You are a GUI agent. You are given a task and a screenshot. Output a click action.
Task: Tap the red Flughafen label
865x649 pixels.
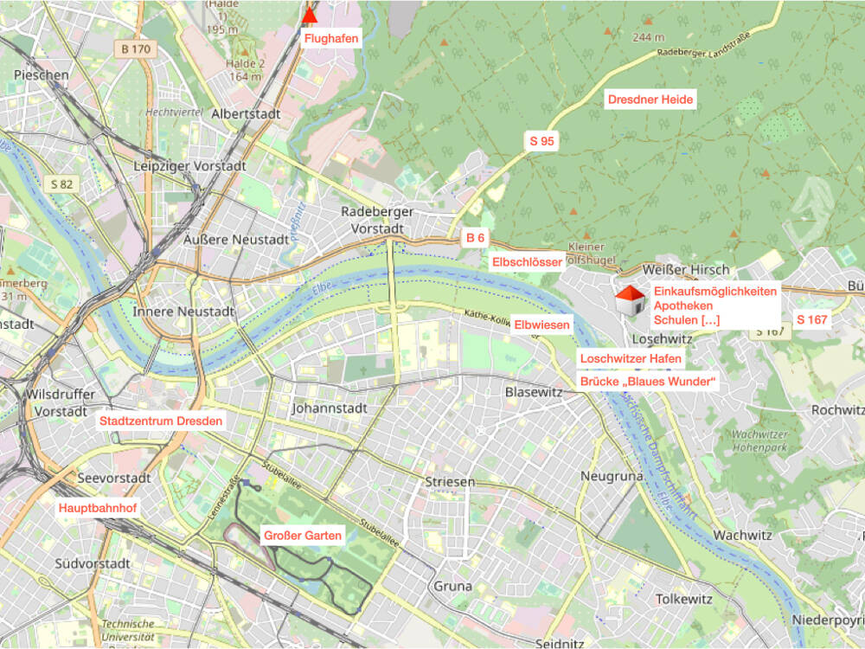(x=330, y=37)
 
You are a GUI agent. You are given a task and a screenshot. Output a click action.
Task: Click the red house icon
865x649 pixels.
(x=630, y=300)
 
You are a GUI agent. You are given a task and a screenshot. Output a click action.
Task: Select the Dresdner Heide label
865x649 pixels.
(x=650, y=100)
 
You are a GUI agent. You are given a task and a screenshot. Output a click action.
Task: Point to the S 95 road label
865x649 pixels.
(x=541, y=140)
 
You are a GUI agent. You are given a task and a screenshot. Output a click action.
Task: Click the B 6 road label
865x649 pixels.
(x=475, y=238)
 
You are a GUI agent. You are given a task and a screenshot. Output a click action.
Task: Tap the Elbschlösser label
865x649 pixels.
(x=527, y=262)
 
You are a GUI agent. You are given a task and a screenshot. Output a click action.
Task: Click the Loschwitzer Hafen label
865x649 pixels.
(x=631, y=358)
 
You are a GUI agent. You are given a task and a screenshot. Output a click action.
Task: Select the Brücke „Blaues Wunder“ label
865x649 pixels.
(x=649, y=382)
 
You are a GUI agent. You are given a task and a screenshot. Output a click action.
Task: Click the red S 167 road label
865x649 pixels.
(x=811, y=320)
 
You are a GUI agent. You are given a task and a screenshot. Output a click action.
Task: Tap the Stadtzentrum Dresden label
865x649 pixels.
(x=161, y=421)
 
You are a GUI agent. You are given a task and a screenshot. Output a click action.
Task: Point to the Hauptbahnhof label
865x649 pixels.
(x=98, y=508)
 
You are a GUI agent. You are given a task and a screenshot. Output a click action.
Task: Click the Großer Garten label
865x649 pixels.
(x=302, y=536)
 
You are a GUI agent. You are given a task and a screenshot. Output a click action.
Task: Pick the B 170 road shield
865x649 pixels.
(x=136, y=49)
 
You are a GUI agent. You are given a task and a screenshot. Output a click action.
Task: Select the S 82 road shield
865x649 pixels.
(x=62, y=183)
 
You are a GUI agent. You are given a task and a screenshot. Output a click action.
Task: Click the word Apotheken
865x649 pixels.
(x=683, y=306)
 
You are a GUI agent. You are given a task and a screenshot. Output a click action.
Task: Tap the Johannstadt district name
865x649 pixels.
(x=330, y=408)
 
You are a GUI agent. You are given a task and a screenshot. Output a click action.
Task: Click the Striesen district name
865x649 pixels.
(x=451, y=482)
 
